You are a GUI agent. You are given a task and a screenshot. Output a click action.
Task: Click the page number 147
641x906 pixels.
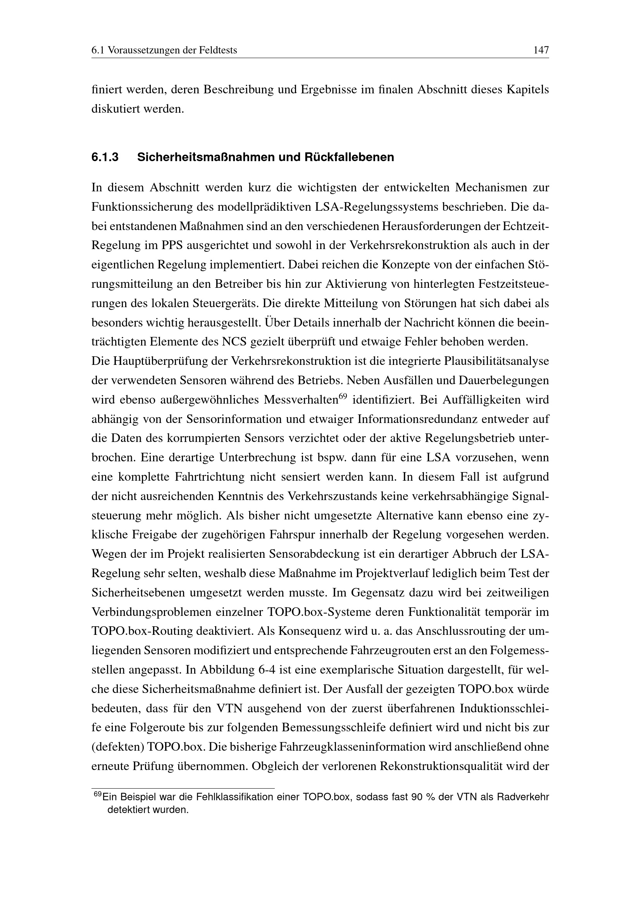(541, 50)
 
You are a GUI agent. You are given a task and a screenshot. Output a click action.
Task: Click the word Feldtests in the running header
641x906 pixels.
(218, 50)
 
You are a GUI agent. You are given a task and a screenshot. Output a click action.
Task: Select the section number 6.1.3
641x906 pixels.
(105, 157)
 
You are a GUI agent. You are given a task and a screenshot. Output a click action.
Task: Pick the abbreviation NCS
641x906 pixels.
(234, 342)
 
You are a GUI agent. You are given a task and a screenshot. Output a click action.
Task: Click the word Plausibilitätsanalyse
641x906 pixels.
(496, 361)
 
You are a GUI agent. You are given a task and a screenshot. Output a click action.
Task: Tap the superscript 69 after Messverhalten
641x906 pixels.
(342, 396)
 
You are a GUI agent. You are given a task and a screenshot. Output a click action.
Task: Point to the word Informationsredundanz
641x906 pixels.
(424, 419)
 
